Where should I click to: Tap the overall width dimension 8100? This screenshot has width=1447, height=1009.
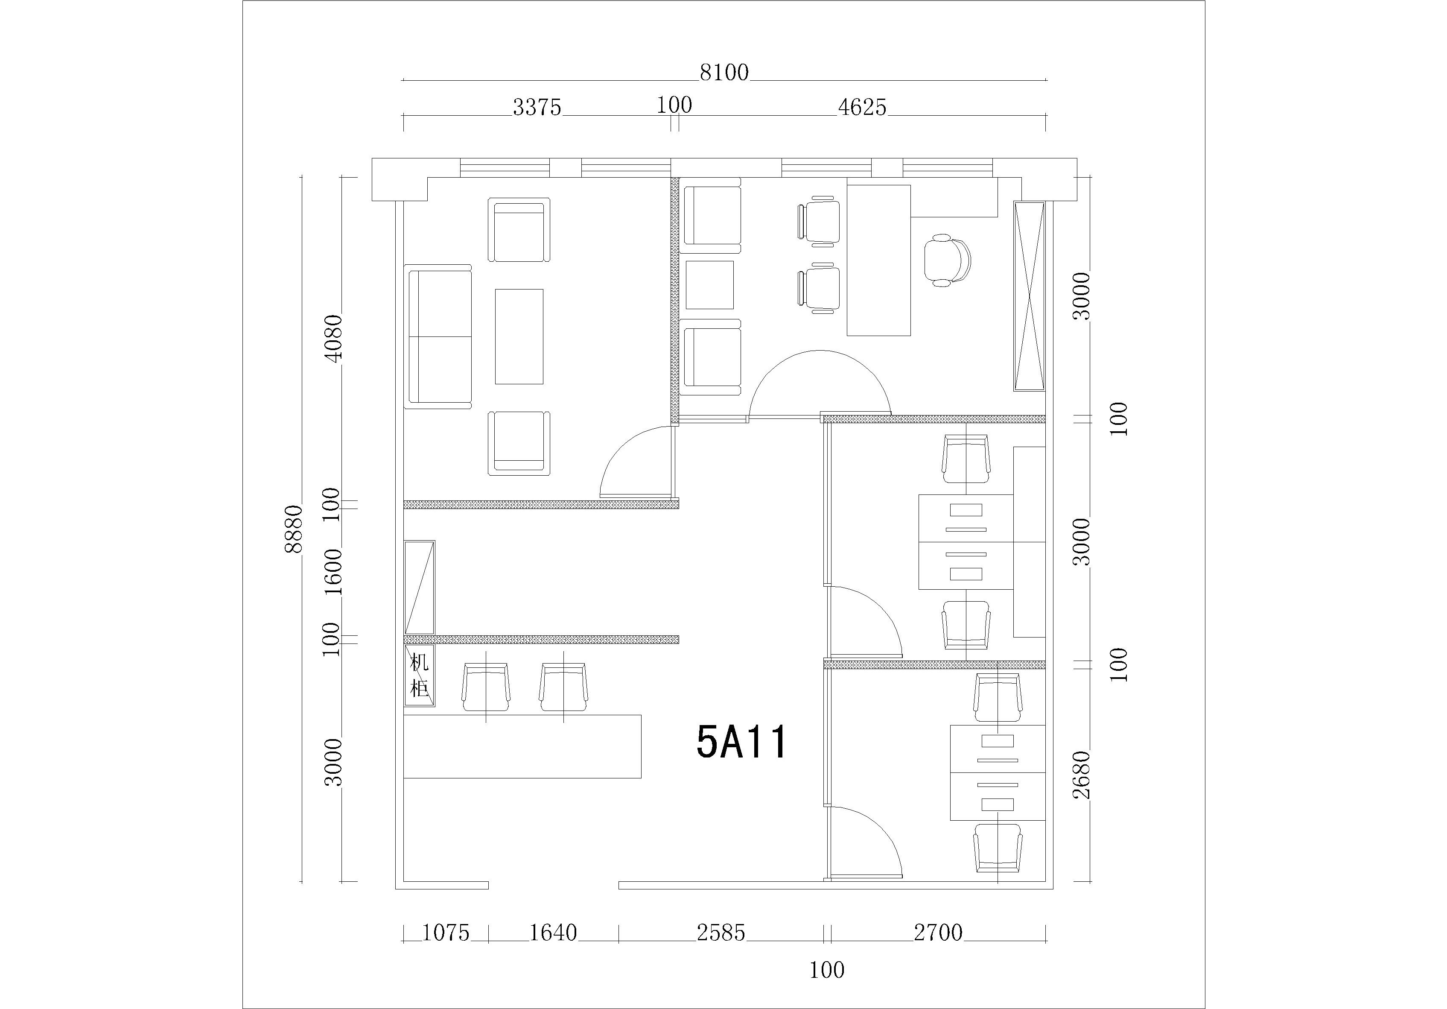click(x=724, y=73)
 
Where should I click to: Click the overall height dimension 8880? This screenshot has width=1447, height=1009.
click(x=294, y=529)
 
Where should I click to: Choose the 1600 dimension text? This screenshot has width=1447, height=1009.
click(x=333, y=572)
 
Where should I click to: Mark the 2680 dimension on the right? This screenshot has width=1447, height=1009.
click(x=1082, y=775)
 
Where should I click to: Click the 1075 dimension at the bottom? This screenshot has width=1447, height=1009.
click(x=446, y=933)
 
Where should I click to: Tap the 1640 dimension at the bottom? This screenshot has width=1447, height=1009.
click(x=553, y=933)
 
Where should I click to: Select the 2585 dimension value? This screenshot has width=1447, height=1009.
click(x=721, y=933)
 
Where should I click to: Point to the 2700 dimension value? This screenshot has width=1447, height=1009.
click(x=938, y=933)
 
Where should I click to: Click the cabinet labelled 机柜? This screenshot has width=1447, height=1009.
click(x=419, y=675)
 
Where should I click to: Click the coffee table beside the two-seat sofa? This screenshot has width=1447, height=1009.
click(x=519, y=337)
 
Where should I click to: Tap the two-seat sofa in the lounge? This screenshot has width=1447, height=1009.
click(x=438, y=337)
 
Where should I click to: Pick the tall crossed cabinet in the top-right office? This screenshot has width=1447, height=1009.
click(x=1029, y=296)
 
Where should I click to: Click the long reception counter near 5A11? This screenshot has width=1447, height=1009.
click(x=522, y=746)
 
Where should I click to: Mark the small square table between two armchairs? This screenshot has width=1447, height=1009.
click(x=710, y=285)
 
